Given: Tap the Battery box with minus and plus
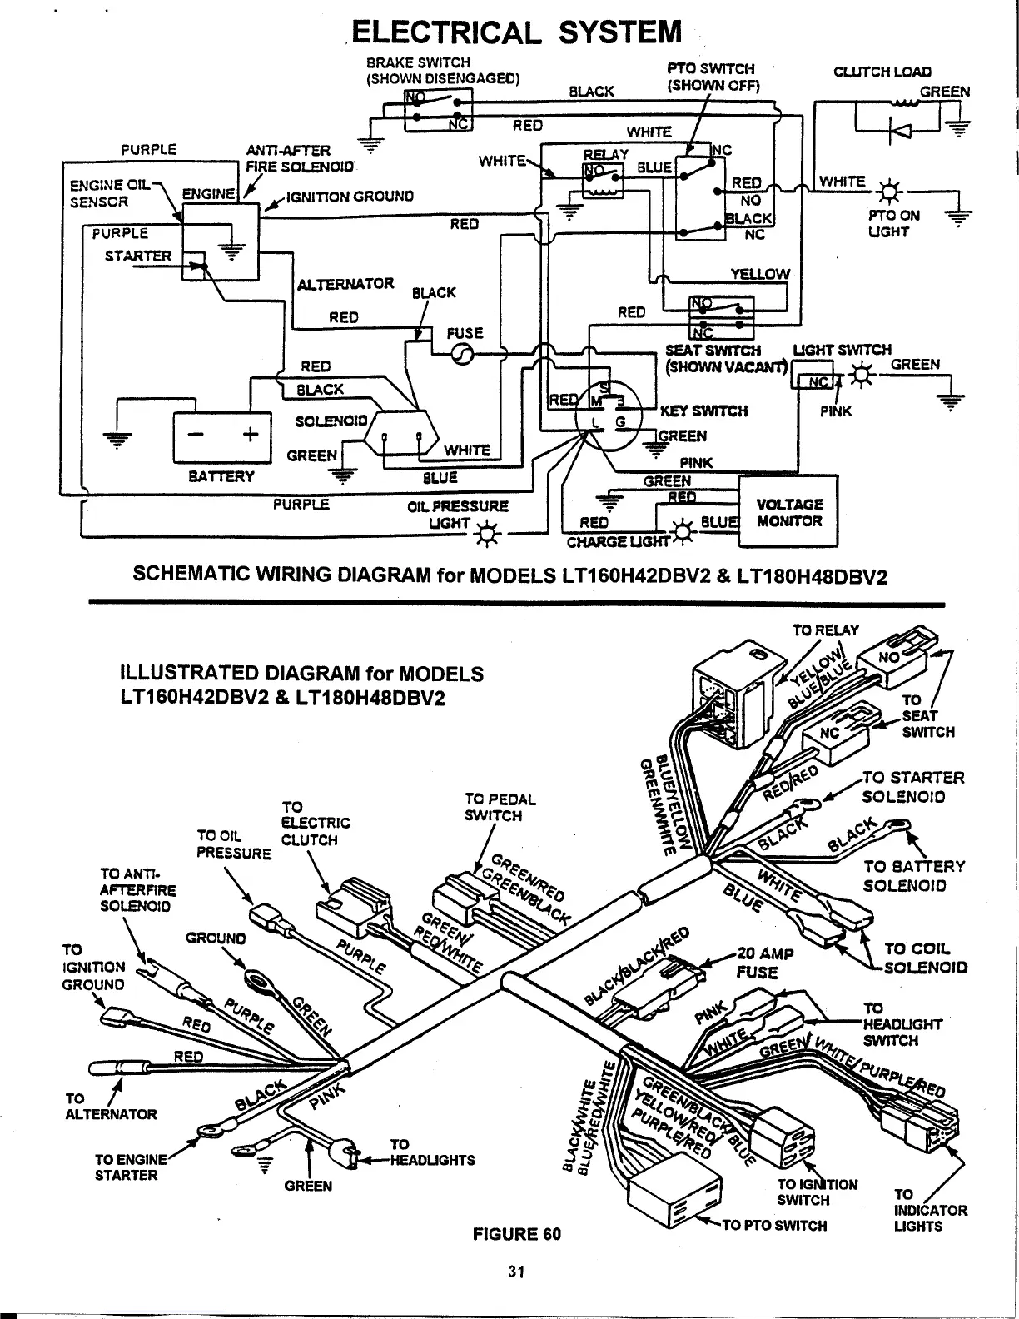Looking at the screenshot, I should pos(221,436).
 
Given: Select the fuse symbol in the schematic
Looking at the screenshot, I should pos(461,356).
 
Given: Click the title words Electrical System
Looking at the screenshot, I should pos(516,32).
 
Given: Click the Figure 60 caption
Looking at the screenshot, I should pos(516,1233).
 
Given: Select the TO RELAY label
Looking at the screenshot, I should pos(825,630).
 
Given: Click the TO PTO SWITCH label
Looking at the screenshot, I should pos(774,1225).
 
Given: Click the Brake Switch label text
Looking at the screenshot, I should pos(443,71).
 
